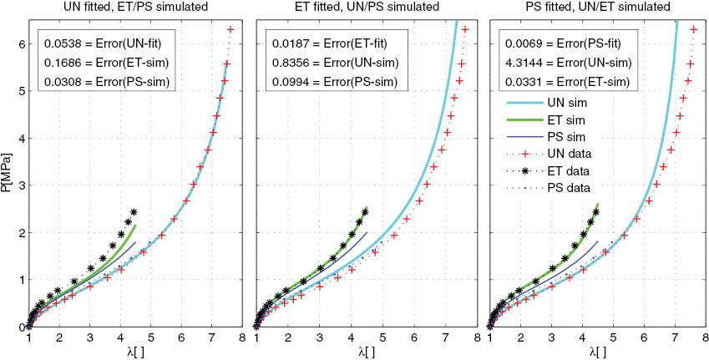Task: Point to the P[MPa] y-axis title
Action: coord(8,174)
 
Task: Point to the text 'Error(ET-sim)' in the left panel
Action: coord(125,61)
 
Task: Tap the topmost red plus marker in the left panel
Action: coord(230,30)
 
